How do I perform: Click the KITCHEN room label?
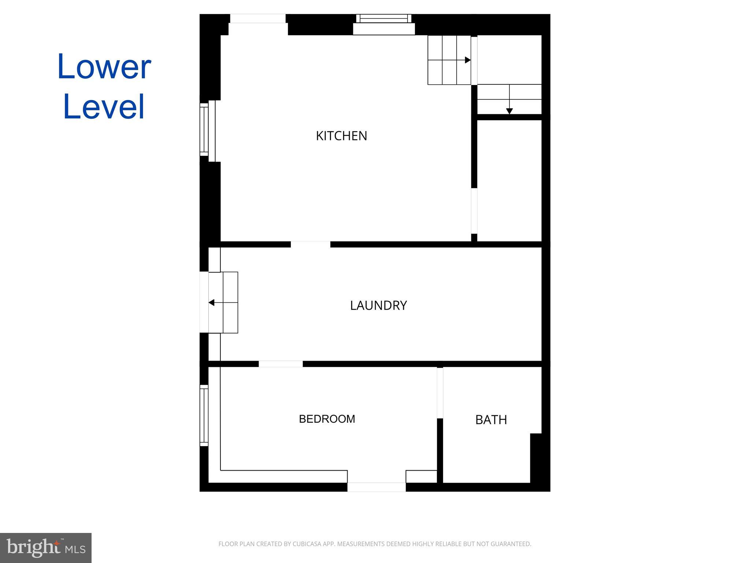(341, 136)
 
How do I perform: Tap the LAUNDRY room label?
(378, 305)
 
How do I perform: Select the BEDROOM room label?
(327, 419)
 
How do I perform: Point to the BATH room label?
(491, 420)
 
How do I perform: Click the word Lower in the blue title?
(104, 67)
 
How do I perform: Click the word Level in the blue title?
(104, 107)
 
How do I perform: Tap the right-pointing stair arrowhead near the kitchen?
(468, 60)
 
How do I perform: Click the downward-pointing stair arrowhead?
(509, 111)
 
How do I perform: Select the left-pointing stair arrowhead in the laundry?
(211, 302)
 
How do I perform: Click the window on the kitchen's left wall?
(204, 130)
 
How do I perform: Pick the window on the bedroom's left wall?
(204, 415)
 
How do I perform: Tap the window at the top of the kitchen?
(383, 18)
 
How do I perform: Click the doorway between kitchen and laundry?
(310, 244)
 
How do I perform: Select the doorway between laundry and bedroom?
(281, 364)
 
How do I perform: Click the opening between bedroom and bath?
(440, 393)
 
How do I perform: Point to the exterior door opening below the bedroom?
(376, 487)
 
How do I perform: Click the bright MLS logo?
(46, 548)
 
